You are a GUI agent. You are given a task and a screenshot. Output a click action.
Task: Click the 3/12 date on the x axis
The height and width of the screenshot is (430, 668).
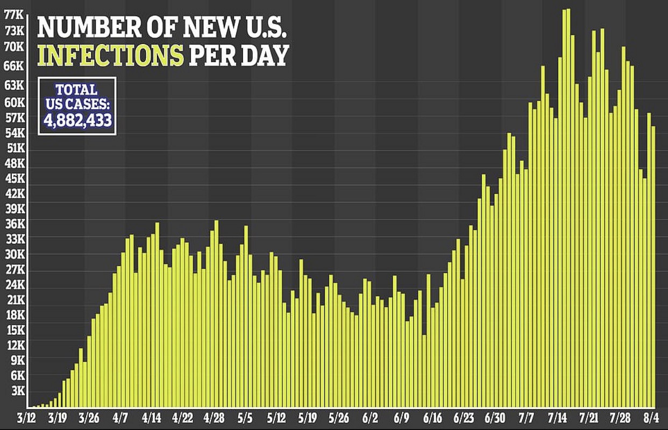(27, 418)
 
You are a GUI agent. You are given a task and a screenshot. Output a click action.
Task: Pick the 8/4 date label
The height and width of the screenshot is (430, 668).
(651, 418)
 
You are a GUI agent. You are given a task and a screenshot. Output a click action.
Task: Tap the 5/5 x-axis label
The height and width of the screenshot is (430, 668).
(245, 418)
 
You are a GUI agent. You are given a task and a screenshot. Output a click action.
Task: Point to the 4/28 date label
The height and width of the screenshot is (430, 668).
(214, 418)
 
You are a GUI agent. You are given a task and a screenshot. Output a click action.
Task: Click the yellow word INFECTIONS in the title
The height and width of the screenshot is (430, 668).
(110, 55)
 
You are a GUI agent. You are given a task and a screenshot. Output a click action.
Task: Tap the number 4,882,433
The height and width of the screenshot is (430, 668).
(77, 119)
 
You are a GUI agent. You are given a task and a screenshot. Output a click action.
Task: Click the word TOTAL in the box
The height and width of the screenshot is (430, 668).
(77, 90)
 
